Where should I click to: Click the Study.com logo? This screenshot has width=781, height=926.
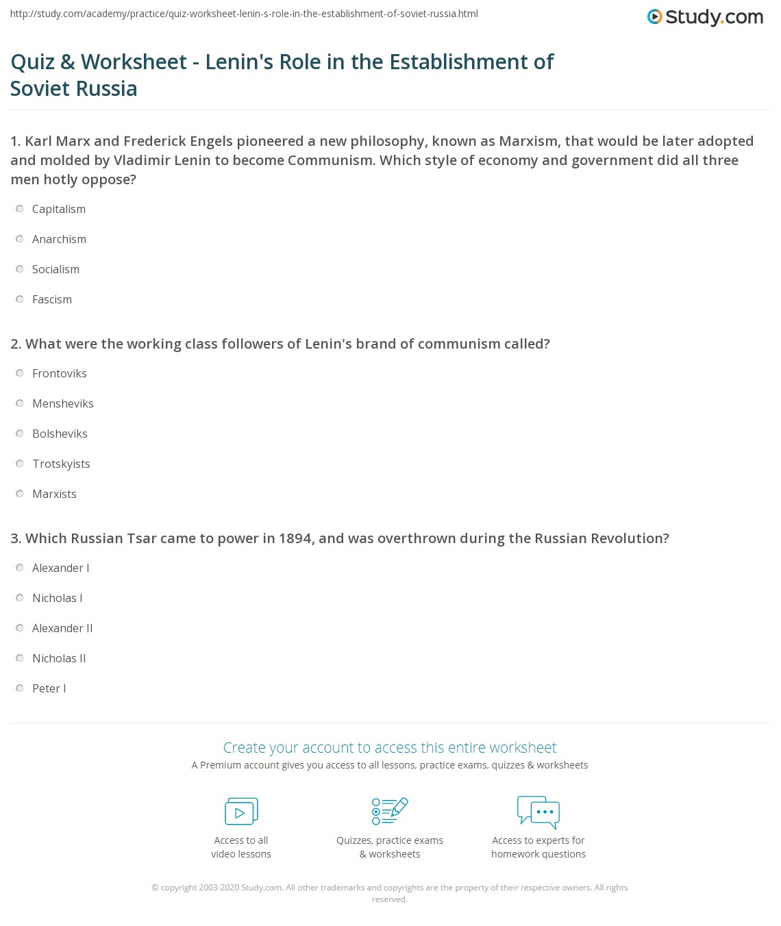[x=705, y=17]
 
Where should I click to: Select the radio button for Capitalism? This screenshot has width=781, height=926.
[x=20, y=209]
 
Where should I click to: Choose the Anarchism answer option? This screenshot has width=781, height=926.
[x=59, y=239]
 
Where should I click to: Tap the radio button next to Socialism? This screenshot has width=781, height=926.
[x=20, y=269]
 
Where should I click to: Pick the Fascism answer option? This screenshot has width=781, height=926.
[x=51, y=299]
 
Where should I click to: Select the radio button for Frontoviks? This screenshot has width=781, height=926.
[x=20, y=373]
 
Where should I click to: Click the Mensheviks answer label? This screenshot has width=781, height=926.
[x=62, y=403]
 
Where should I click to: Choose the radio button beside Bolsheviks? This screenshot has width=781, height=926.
[x=20, y=434]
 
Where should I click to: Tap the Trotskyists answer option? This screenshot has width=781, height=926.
[x=61, y=464]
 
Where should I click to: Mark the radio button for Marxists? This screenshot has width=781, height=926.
[x=20, y=494]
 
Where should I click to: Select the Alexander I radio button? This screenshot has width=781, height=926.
[x=20, y=568]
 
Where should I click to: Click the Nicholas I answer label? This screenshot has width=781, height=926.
[x=57, y=598]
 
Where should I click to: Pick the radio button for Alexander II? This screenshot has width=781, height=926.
[x=20, y=628]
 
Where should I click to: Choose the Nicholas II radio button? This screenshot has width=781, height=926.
[x=20, y=658]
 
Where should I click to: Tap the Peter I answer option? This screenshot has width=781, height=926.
[x=49, y=688]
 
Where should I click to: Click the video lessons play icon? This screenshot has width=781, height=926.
[x=241, y=812]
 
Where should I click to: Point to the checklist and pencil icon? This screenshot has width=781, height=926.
[x=390, y=811]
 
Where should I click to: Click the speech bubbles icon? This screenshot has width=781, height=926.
[x=538, y=812]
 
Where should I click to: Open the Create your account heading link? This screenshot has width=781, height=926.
[x=390, y=747]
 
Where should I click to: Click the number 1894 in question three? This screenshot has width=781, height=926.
[x=295, y=538]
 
